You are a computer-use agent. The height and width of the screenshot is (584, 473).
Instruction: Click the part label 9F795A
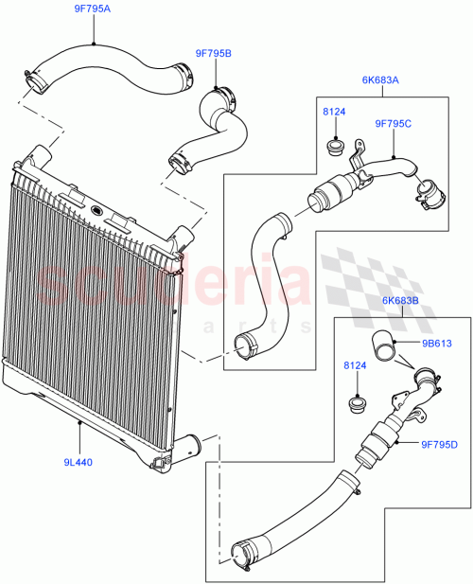pyautogui.click(x=93, y=9)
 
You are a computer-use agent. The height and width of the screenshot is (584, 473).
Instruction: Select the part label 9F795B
pyautogui.click(x=213, y=55)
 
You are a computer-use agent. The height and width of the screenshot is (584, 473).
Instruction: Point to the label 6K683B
pyautogui.click(x=398, y=302)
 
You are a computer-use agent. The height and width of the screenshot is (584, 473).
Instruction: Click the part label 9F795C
pyautogui.click(x=394, y=122)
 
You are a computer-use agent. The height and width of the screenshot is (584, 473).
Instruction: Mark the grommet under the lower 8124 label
pyautogui.click(x=358, y=407)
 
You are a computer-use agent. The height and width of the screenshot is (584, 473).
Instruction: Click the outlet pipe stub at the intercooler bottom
pyautogui.click(x=189, y=444)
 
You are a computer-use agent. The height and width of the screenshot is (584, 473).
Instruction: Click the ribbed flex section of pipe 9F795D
pyautogui.click(x=381, y=444)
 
